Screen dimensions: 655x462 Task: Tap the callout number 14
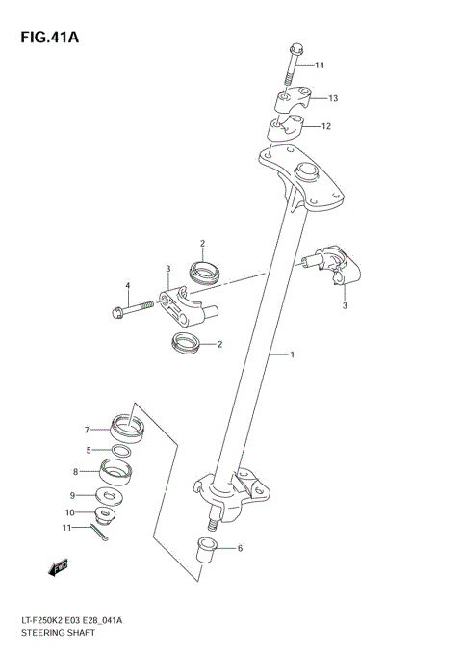320,65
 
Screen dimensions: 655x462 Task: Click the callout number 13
332,98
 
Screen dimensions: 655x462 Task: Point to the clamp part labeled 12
285,126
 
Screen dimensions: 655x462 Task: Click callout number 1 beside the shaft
292,354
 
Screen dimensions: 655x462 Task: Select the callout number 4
127,285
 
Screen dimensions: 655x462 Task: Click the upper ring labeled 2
204,273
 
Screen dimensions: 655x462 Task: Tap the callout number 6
240,548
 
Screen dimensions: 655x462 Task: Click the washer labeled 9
111,497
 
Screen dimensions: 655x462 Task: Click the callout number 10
69,511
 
